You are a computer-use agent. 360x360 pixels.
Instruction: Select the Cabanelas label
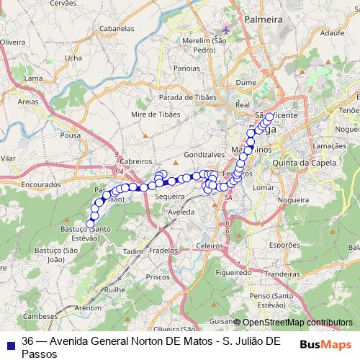tap(117, 29)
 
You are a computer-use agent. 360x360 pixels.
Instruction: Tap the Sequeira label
tap(171, 195)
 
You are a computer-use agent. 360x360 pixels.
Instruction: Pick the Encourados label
tap(42, 184)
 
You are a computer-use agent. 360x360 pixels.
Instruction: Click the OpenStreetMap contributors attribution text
tap(297, 322)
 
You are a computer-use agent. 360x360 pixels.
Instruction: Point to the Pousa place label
tap(71, 135)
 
